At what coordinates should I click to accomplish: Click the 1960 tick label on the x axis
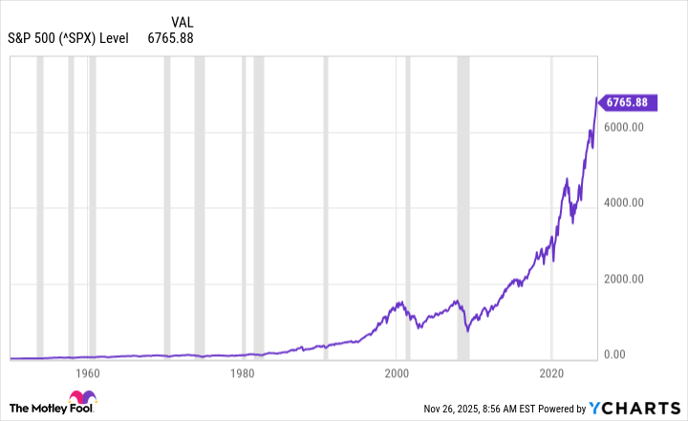coord(87,373)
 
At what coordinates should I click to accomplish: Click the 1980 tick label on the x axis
coord(242,373)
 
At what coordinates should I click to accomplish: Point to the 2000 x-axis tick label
coord(397,373)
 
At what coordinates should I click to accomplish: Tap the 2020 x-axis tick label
coord(551,373)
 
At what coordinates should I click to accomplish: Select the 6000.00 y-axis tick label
coord(626,127)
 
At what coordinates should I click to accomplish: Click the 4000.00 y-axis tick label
coord(626,203)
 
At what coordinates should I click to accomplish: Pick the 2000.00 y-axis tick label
coord(626,279)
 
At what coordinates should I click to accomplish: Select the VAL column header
coord(184,22)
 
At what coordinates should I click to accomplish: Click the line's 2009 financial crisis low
coord(467,330)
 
